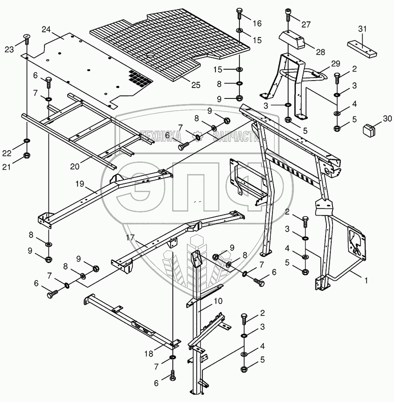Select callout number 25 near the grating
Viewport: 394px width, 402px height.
[x=196, y=85]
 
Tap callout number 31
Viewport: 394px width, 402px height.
[x=362, y=29]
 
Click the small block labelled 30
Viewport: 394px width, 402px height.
[x=369, y=130]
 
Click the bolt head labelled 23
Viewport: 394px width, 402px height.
[x=27, y=37]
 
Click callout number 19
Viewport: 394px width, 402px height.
[x=79, y=184]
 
